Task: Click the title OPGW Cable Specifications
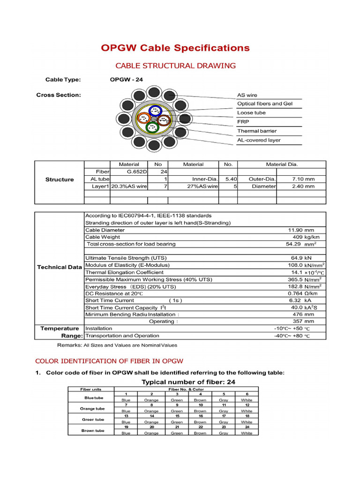175,48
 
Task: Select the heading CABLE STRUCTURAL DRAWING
175,66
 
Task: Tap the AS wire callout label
247,95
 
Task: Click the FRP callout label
243,122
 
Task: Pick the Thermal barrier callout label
256,131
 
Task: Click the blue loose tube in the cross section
154,111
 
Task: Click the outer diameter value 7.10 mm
303,179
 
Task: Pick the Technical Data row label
60,267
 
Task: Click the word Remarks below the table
69,345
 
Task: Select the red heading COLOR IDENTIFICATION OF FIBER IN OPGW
109,361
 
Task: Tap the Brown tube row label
93,431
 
